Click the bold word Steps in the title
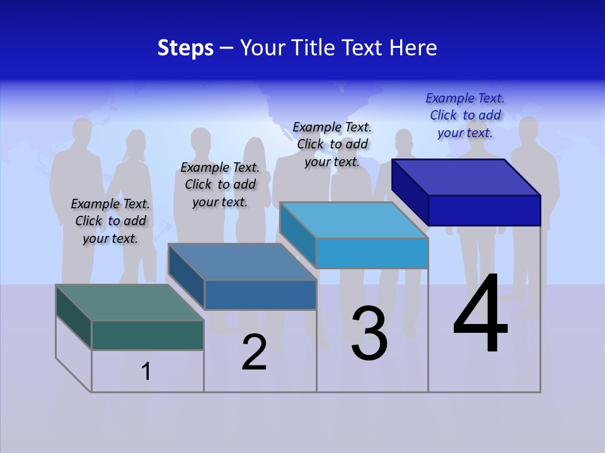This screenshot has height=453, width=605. pos(185,48)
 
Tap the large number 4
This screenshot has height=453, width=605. pos(480,314)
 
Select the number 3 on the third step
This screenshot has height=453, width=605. pos(369,333)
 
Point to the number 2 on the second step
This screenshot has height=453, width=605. pos(255,352)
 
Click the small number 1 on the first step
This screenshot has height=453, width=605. pos(146,371)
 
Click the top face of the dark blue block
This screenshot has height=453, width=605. pos(466,177)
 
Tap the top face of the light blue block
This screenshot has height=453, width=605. pos(354,220)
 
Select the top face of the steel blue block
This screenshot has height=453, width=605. pos(242,262)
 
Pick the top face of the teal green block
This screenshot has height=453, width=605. pos(129,303)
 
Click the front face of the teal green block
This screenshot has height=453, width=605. pos(147,335)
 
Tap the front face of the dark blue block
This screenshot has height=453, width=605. pos(484,210)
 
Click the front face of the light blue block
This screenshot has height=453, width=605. pos(372,254)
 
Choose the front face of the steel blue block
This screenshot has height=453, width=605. pos(260,294)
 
